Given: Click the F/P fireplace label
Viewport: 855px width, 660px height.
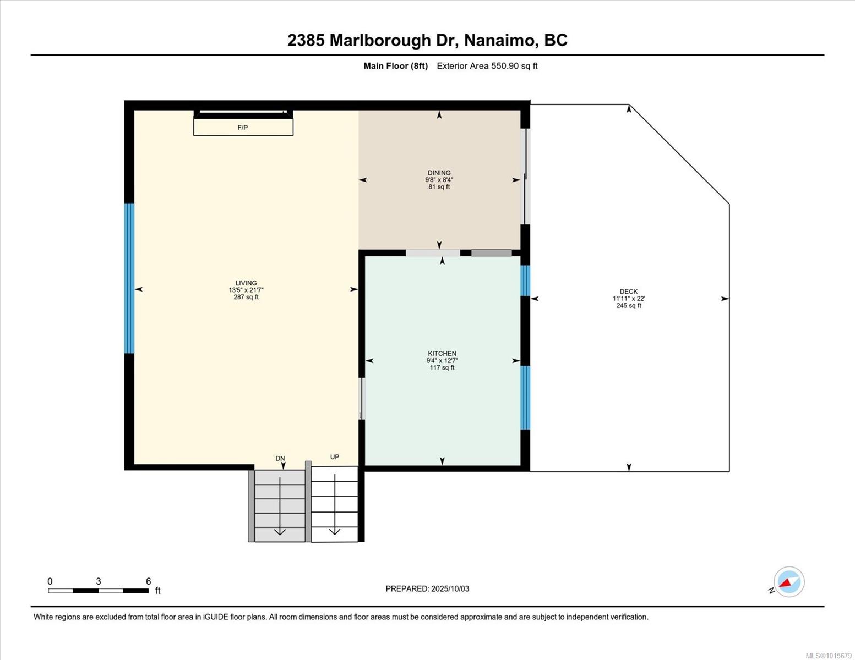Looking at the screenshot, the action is [242, 128].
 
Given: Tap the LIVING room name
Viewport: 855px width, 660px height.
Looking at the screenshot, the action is [246, 283].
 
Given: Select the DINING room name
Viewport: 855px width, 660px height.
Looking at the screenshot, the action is [439, 173].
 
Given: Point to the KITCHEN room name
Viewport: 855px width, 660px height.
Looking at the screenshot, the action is [442, 354].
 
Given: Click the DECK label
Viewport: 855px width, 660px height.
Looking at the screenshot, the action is [628, 291].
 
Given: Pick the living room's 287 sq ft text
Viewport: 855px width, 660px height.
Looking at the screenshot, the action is [246, 297].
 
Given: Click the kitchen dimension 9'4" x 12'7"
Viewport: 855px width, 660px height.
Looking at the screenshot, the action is [442, 360].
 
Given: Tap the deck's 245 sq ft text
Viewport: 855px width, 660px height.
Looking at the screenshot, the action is [629, 305].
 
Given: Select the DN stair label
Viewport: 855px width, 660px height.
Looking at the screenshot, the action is [280, 458].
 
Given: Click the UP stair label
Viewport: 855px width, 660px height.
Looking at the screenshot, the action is [334, 457].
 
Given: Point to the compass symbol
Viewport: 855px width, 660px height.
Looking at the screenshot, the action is [789, 582].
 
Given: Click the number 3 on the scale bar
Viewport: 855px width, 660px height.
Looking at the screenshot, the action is [99, 581].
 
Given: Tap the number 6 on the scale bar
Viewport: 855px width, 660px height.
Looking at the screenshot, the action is [148, 581].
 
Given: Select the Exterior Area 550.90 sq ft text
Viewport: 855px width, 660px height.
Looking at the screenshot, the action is [487, 66].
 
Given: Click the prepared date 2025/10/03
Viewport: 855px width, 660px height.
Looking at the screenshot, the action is [450, 589].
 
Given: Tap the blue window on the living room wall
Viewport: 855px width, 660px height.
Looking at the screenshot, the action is [129, 278].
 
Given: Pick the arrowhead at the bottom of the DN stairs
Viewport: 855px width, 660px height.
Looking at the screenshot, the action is [280, 531].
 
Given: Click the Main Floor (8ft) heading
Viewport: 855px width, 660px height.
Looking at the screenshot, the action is [395, 66].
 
